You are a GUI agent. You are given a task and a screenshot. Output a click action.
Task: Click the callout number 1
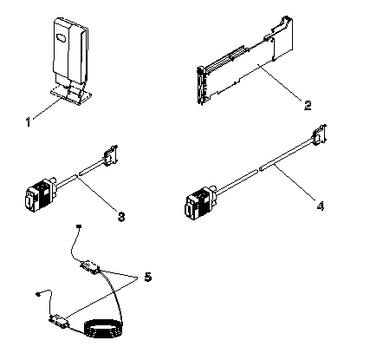pyautogui.click(x=28, y=121)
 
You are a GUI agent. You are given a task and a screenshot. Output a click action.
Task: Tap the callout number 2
pyautogui.click(x=308, y=105)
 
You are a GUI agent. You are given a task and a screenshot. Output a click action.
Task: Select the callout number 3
pyautogui.click(x=121, y=216)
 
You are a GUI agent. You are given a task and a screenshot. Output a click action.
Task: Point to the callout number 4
pyautogui.click(x=321, y=206)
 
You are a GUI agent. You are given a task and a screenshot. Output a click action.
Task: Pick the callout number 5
pyautogui.click(x=147, y=277)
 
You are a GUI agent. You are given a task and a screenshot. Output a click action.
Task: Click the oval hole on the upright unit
pyautogui.click(x=61, y=38)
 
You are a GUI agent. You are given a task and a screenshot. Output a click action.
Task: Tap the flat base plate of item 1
pyautogui.click(x=71, y=95)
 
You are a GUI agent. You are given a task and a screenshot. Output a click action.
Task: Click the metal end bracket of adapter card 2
pyautogui.click(x=200, y=85)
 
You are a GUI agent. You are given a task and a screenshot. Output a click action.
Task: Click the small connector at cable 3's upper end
pyautogui.click(x=109, y=157)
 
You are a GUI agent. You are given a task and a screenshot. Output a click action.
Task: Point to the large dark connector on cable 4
pyautogui.click(x=200, y=203)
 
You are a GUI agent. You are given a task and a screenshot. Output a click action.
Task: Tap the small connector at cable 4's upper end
pyautogui.click(x=319, y=135)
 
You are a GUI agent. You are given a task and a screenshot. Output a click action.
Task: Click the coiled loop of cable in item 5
pyautogui.click(x=103, y=329)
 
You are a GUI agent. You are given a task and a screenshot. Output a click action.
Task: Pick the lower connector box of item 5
pyautogui.click(x=60, y=322)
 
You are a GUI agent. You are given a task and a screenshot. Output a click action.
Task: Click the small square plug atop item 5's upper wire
pyautogui.click(x=79, y=226)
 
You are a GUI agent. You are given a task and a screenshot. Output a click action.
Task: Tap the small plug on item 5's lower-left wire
pyautogui.click(x=38, y=294)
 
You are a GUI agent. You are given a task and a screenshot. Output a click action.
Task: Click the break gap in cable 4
pyautogui.click(x=257, y=170)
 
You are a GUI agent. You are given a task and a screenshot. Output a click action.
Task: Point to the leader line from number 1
pyautogui.click(x=47, y=108)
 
